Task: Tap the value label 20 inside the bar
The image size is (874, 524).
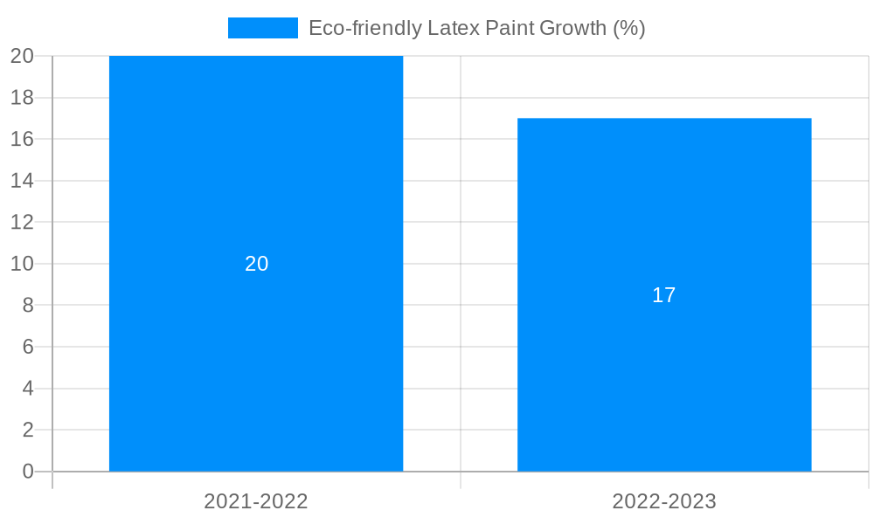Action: point(256,264)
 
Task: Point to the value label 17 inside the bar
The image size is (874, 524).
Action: point(664,295)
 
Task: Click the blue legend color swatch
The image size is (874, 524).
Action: point(262,28)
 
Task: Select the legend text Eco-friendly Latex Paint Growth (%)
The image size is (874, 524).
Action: point(476,28)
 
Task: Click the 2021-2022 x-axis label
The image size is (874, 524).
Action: point(256,501)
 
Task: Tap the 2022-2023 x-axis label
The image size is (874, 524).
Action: point(664,501)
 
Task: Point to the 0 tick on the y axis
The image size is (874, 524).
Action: point(28,472)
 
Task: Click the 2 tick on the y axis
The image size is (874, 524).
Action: point(28,430)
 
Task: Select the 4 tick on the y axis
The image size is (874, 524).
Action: point(28,388)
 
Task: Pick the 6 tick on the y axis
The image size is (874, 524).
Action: point(28,347)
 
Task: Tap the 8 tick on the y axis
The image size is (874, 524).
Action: point(28,305)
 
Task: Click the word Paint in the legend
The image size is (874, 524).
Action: point(511,28)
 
